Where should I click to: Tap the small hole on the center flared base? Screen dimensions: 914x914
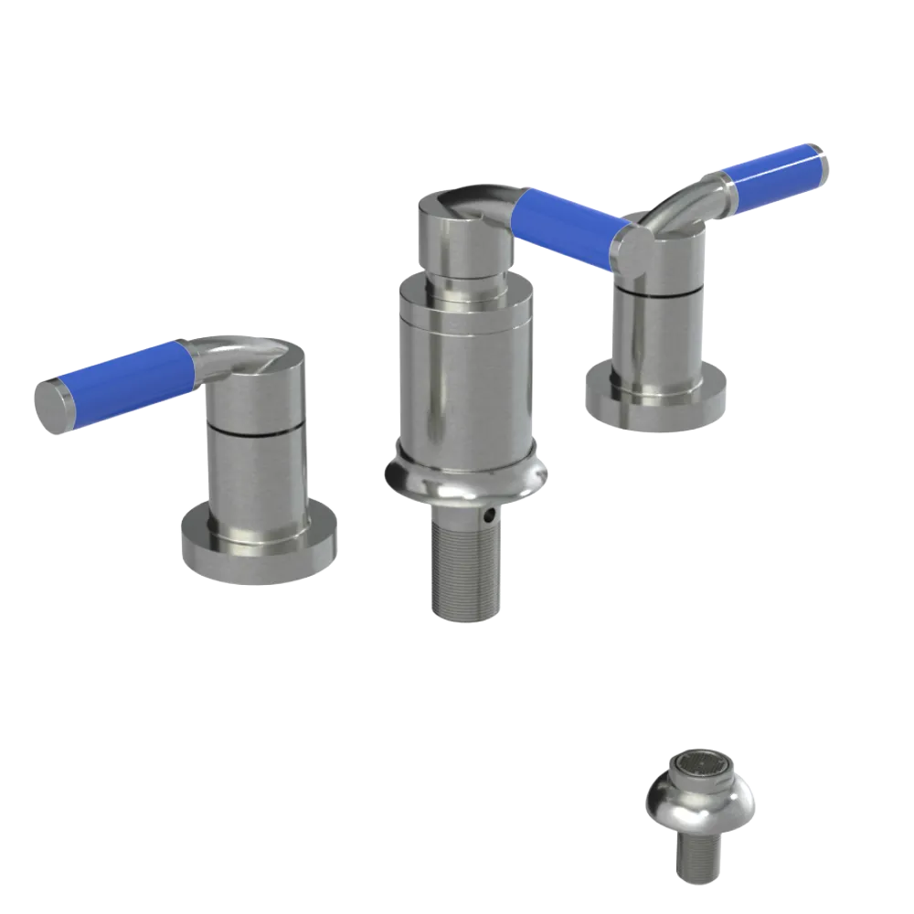pyautogui.click(x=494, y=516)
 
